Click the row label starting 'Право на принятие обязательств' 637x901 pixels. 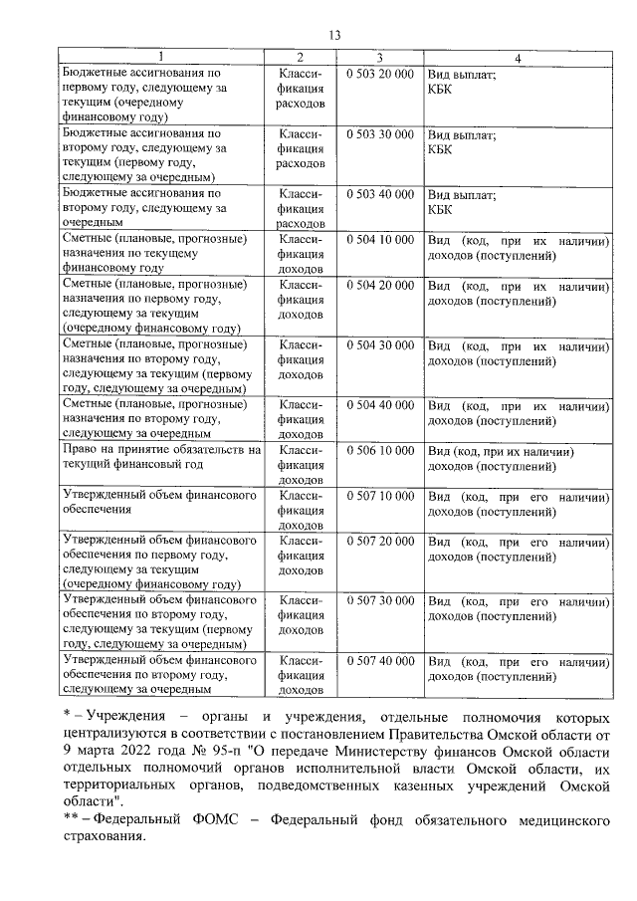[x=159, y=457]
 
